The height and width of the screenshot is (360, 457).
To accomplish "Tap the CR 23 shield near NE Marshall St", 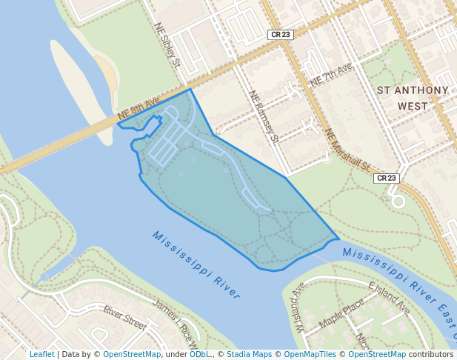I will click(387, 178).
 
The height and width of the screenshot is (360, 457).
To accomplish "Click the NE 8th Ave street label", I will click(139, 108).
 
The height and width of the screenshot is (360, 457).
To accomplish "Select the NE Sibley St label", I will click(168, 44).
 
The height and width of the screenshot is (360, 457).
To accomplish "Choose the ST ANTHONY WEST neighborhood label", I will click(413, 98).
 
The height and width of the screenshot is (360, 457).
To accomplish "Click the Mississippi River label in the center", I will click(197, 264).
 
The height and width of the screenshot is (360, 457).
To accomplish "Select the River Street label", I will click(124, 318).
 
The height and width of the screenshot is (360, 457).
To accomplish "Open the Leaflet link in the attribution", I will click(41, 354).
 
